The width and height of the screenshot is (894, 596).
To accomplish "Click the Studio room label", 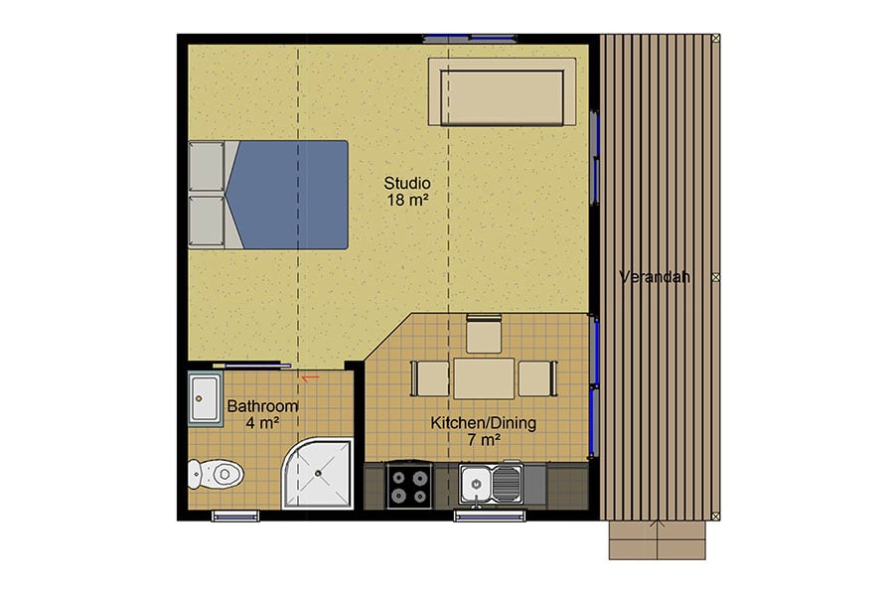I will click(407, 183).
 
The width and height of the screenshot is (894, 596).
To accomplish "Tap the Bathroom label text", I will click(262, 406).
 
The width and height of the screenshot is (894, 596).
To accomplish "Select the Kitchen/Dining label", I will click(483, 423).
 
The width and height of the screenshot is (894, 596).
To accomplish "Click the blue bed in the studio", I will click(288, 194).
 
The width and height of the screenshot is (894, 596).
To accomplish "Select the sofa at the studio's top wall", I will click(503, 91).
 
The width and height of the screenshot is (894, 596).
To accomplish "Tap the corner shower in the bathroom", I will click(320, 474).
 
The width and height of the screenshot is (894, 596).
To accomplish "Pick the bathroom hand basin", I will click(206, 399).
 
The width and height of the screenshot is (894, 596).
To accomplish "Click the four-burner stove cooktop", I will click(409, 486).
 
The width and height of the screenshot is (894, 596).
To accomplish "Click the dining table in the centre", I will click(484, 378).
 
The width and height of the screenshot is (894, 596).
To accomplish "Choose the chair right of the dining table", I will click(536, 378).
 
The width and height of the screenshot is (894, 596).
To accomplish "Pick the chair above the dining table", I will click(484, 334).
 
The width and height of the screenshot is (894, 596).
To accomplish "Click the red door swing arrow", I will click(309, 377).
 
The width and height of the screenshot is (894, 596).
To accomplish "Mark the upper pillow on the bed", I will click(206, 166).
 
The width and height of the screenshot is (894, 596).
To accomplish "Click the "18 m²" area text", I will click(407, 200).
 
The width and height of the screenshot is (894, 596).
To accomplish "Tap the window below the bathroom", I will click(234, 514).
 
